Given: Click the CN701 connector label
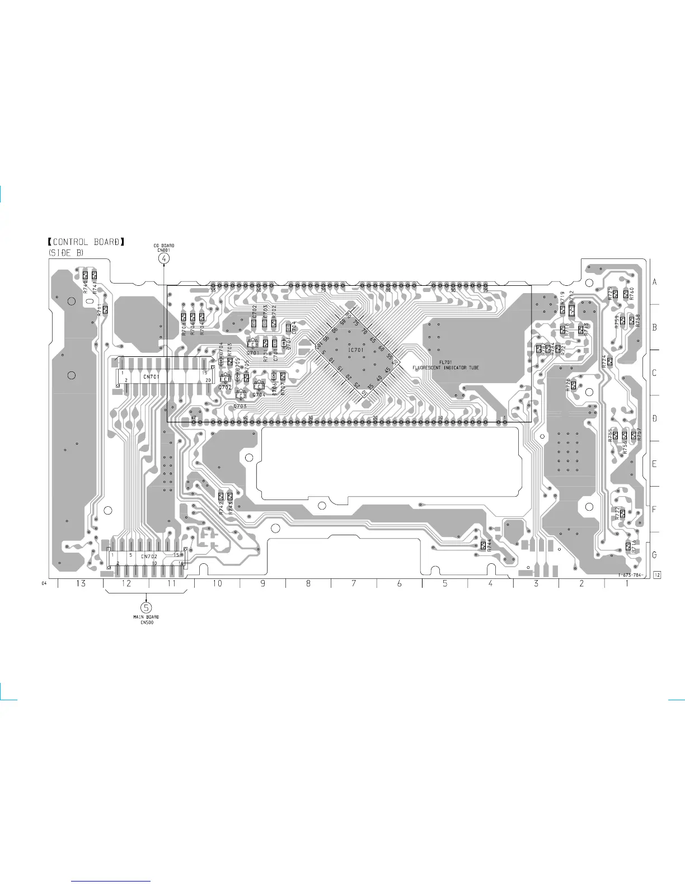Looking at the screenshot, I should [151, 377].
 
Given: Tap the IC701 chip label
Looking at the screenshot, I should [356, 350].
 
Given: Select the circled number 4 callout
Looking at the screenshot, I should [163, 258].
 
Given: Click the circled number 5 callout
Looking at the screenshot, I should [147, 607].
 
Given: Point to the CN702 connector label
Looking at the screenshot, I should [149, 557].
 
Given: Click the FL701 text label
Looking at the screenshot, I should [445, 362].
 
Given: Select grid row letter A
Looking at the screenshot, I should [655, 282].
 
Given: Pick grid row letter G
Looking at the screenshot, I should [655, 555].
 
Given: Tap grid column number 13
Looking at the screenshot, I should [81, 583].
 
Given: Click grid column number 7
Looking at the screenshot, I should [354, 583].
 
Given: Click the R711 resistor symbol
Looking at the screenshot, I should [105, 309].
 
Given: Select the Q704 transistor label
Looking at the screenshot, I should [259, 395].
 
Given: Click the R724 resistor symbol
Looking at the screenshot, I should [610, 361].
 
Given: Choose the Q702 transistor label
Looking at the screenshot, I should [225, 387].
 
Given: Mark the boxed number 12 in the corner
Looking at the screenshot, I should [657, 575].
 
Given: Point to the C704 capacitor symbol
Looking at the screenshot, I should [289, 328].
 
